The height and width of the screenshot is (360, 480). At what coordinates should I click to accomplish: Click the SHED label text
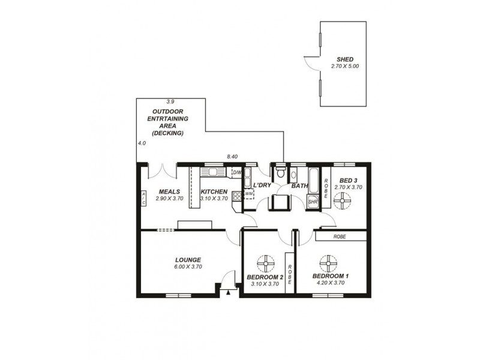(x=344, y=59)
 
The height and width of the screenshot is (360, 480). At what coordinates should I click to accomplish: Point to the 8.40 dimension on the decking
(x=232, y=157)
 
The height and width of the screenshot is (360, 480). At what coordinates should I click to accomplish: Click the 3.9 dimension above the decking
(x=170, y=102)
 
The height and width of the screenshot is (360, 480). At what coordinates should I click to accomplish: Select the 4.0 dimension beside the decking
(x=142, y=143)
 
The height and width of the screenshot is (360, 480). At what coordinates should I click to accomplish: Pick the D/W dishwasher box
(x=236, y=173)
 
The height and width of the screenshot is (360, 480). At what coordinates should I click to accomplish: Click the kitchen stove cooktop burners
(x=236, y=196)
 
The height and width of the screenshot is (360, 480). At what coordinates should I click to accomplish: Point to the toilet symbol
(x=280, y=173)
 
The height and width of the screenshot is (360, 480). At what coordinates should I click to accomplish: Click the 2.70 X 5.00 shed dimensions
(x=344, y=66)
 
